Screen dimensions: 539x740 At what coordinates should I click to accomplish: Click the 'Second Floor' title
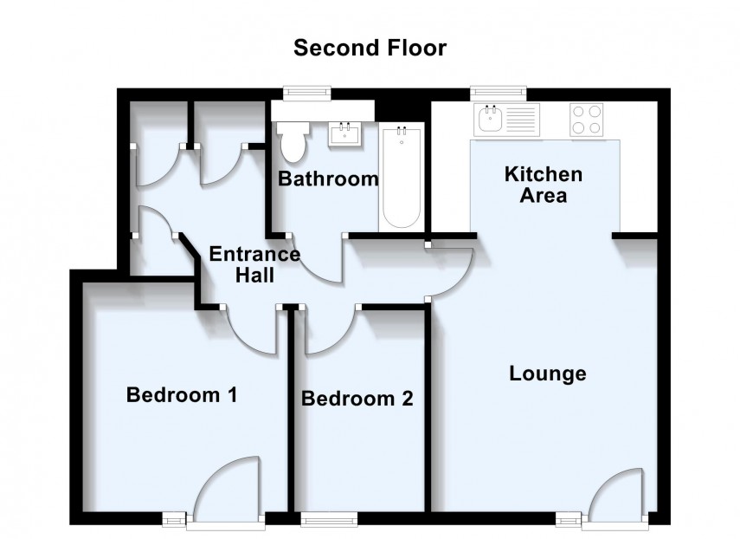(370, 48)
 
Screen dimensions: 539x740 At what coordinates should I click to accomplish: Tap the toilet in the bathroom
(291, 140)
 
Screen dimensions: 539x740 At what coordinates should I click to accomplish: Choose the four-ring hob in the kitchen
(586, 119)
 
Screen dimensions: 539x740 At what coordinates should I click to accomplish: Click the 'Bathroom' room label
(328, 180)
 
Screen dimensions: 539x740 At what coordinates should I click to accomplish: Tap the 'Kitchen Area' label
(543, 185)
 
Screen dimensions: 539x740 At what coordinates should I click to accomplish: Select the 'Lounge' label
(547, 374)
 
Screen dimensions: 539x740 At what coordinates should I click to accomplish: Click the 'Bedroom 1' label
(182, 396)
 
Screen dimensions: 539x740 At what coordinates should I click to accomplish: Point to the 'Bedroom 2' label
(357, 399)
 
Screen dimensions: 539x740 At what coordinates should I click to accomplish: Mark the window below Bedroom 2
(328, 519)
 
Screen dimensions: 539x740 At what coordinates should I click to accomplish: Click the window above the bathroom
(310, 90)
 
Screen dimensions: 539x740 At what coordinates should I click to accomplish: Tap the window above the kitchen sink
(499, 90)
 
